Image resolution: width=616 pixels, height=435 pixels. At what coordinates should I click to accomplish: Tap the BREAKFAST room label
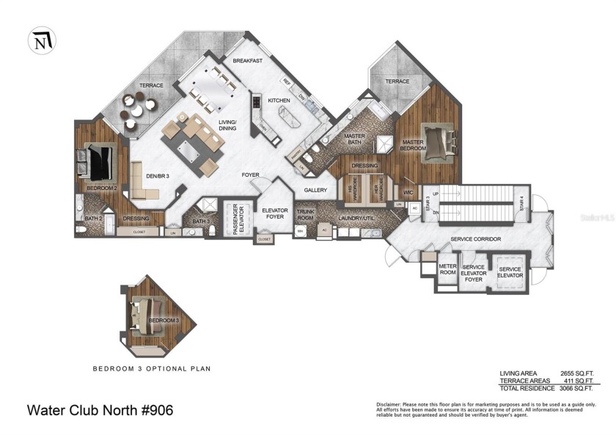click(248, 61)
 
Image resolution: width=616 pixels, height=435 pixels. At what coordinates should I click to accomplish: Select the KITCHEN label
click(279, 100)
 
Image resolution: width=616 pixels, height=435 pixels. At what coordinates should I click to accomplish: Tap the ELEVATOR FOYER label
click(274, 213)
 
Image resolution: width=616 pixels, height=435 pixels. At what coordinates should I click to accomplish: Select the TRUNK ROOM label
click(305, 213)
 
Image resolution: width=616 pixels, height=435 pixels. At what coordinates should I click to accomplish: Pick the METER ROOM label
click(447, 269)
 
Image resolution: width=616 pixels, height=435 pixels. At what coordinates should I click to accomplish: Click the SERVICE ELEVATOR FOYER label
click(474, 274)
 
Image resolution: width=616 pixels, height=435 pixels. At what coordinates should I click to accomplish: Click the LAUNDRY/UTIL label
click(356, 218)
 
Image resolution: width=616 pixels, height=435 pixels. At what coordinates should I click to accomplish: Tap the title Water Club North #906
click(100, 410)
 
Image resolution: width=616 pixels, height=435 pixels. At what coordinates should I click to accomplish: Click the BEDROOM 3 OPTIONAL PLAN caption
click(151, 368)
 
